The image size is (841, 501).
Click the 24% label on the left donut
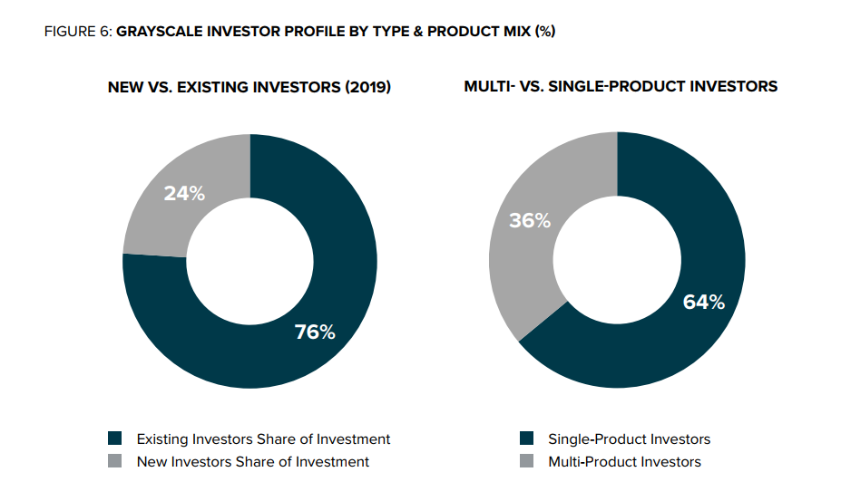click(x=184, y=194)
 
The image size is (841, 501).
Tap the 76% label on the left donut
click(x=315, y=332)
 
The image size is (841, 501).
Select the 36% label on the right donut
click(x=530, y=220)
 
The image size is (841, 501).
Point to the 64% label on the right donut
click(x=704, y=303)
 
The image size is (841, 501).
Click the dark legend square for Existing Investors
click(x=115, y=438)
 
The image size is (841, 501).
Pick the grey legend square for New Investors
click(x=115, y=461)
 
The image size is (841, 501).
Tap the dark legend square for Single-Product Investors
click(x=527, y=438)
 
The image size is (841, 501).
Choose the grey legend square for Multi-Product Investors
click(x=527, y=461)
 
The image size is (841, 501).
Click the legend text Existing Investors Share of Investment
click(x=263, y=439)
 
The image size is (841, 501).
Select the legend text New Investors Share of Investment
click(x=253, y=462)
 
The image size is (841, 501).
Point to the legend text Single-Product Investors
click(x=629, y=439)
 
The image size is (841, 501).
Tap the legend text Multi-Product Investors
click(x=624, y=462)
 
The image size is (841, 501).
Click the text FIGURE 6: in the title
click(x=78, y=32)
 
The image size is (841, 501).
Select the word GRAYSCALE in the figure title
click(x=160, y=32)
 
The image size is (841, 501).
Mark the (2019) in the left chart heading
click(x=368, y=87)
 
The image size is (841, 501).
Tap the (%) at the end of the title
click(x=545, y=32)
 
